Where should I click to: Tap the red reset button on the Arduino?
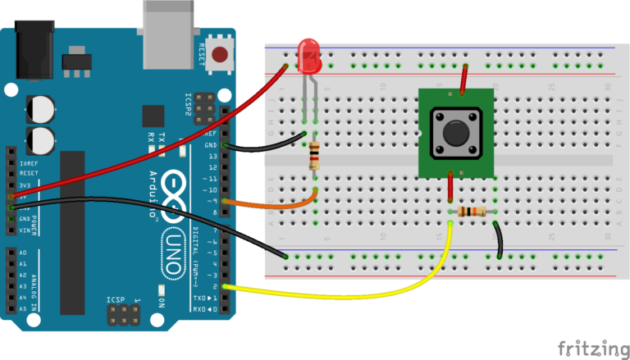(x=220, y=55)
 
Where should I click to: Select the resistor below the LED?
(x=314, y=155)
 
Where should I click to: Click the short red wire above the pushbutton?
(x=465, y=79)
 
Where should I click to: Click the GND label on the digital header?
(x=211, y=146)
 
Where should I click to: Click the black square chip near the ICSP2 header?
(x=153, y=116)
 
